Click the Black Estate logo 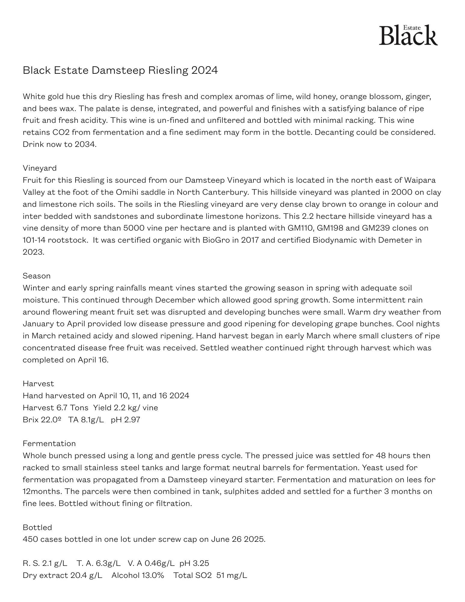pos(408,35)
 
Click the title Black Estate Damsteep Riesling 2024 pos(120,70)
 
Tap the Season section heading pos(36,276)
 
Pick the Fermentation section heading pos(49,443)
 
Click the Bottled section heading pos(37,527)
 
